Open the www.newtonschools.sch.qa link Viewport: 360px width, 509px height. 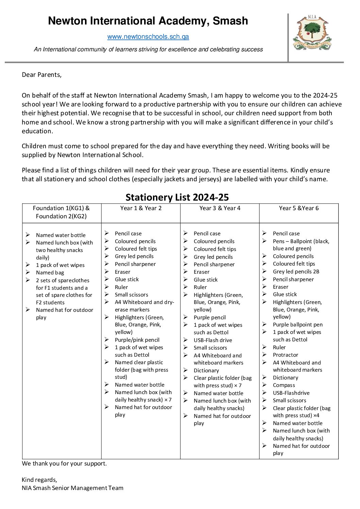pos(148,37)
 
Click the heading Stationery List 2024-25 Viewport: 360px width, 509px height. pos(177,197)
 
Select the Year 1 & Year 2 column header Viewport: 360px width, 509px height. pos(141,208)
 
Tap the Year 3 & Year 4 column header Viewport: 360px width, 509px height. pos(220,208)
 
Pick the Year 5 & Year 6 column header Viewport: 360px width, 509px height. pos(299,208)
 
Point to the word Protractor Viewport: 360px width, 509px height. pos(285,355)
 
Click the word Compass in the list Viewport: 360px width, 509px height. pos(284,385)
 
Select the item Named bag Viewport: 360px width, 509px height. pos(50,272)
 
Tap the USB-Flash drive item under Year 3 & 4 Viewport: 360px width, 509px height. pos(213,340)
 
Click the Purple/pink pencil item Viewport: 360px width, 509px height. pos(137,340)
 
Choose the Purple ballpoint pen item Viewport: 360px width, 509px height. pos(297,324)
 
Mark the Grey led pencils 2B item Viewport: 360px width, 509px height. pos(296,271)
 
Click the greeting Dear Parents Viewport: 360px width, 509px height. pos(41,75)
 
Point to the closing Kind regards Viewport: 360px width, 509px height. pos(39,480)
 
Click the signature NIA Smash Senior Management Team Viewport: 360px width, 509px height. pos(72,488)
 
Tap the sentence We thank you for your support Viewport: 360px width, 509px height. pos(64,463)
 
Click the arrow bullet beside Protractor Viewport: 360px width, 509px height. pos(264,355)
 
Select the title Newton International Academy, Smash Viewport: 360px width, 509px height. pos(148,21)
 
